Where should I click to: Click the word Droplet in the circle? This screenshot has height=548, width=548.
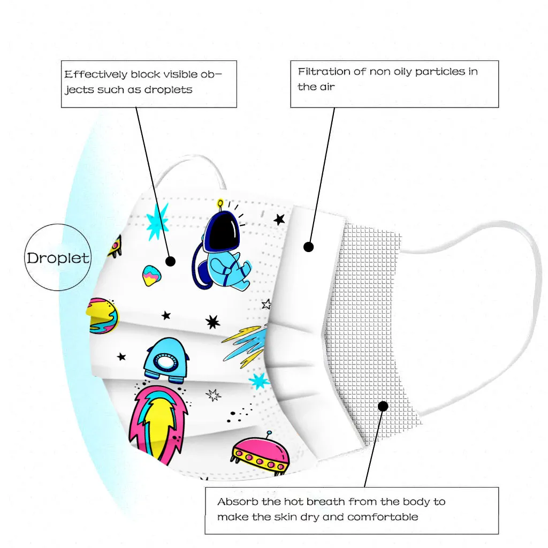[x=58, y=258]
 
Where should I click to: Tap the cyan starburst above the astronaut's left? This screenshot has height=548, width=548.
[x=157, y=220]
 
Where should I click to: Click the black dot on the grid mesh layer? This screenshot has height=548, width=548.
[x=383, y=406]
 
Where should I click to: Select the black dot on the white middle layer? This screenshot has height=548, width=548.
[x=308, y=247]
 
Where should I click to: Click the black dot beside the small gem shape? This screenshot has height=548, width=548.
[x=170, y=261]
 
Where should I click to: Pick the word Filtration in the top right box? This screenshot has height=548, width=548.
[x=324, y=71]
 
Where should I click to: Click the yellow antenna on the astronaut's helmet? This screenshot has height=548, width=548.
[x=220, y=204]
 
